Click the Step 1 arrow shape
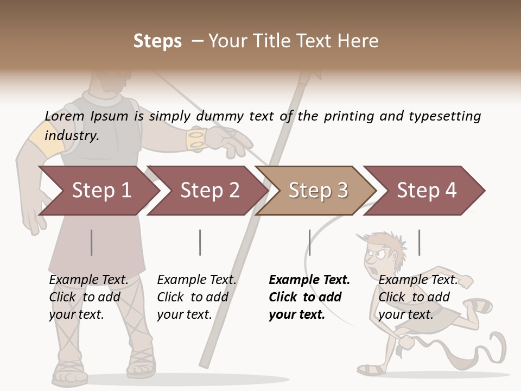(x=101, y=191)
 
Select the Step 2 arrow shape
(x=209, y=191)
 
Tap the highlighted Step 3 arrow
(x=318, y=191)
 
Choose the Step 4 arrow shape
(x=427, y=191)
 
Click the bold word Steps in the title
(x=157, y=41)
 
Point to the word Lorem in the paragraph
(x=65, y=116)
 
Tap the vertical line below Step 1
(x=92, y=242)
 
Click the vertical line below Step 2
(x=200, y=242)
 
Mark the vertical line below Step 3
(x=309, y=242)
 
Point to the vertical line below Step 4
(x=419, y=242)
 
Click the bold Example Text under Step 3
(x=309, y=280)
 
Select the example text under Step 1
(x=88, y=297)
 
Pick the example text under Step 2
(x=196, y=297)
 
